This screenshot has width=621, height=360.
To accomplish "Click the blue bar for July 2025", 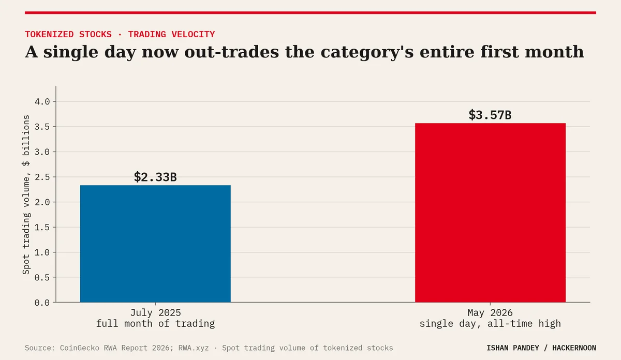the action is click(155, 244).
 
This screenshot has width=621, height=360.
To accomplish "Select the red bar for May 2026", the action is click(490, 213).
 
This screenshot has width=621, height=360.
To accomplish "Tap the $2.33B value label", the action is click(155, 177).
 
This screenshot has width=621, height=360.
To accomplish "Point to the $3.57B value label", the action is click(490, 115).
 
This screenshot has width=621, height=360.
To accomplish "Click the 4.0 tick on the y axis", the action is click(42, 102).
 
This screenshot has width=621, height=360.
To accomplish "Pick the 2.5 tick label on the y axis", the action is click(42, 177).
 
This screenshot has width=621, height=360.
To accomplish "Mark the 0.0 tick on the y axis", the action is click(42, 303).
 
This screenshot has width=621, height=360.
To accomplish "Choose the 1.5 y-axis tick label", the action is click(42, 227).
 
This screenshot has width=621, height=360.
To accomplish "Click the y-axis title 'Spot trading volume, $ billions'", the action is click(26, 194).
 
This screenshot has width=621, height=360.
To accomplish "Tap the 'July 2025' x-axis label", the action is click(156, 312).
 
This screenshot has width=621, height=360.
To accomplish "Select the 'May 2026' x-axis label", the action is click(490, 312).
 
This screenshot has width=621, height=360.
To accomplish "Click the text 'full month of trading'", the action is click(155, 323).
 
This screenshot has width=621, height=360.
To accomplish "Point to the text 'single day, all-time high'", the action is click(490, 323).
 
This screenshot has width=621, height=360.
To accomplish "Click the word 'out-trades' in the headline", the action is click(231, 52).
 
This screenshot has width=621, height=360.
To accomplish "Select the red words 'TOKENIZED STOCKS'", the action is click(68, 34).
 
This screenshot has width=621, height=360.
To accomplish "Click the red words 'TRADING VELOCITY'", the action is click(171, 34).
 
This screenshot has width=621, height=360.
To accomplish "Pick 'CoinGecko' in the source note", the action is click(80, 348).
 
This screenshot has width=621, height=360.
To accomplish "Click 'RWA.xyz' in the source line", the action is click(194, 348).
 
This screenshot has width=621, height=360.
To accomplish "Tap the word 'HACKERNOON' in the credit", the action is click(574, 348).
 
